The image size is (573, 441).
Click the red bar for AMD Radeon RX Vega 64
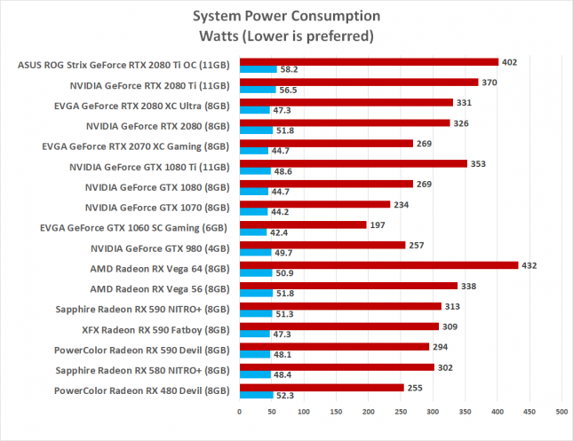click(378, 265)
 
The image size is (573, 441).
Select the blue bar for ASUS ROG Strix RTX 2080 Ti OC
click(258, 68)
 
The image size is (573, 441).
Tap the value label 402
click(509, 61)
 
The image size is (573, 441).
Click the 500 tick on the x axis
click(561, 411)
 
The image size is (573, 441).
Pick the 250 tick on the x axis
click(400, 411)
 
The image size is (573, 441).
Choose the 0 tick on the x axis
click(239, 411)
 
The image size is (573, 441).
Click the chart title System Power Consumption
click(286, 18)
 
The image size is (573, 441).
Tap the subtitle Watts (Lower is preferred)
click(286, 36)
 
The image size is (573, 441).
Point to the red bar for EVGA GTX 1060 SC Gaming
click(302, 224)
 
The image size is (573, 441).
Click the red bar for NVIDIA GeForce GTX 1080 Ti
click(353, 163)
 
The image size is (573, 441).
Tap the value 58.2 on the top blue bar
click(288, 68)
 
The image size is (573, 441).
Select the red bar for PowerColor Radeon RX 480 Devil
click(321, 388)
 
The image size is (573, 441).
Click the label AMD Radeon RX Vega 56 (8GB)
click(160, 288)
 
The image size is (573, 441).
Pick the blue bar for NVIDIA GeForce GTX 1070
click(253, 211)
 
